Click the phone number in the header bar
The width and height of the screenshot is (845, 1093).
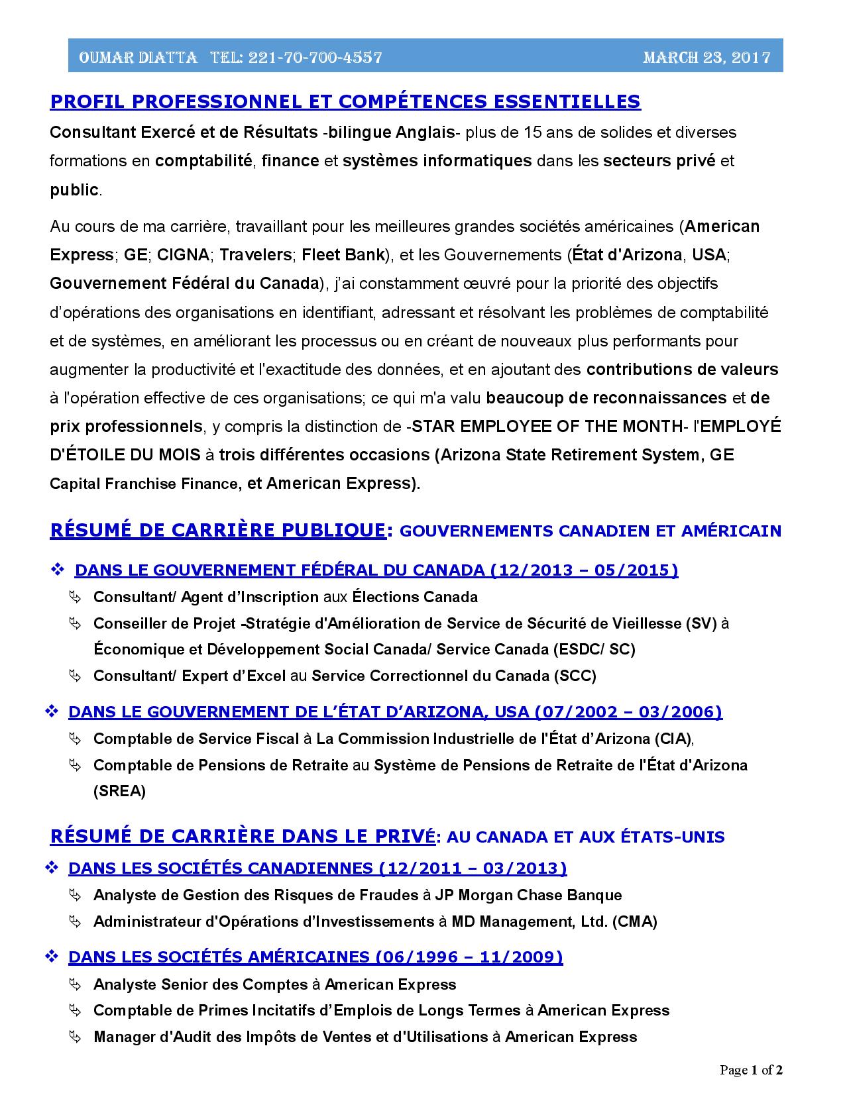click(x=315, y=58)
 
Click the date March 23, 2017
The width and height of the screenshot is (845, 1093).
click(x=706, y=58)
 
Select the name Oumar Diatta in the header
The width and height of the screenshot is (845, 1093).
click(x=138, y=58)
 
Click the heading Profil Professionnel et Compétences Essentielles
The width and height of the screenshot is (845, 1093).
click(x=345, y=101)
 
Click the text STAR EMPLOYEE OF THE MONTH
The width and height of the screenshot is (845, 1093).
click(x=546, y=427)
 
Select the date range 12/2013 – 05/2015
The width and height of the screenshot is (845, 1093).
click(x=584, y=570)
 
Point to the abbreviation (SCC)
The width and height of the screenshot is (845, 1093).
click(x=575, y=676)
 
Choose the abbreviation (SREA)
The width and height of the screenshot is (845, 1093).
click(x=119, y=791)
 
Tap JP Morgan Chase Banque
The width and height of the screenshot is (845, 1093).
click(x=528, y=896)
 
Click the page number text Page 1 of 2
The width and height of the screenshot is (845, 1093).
click(x=752, y=1070)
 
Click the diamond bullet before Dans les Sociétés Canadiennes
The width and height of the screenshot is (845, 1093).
click(x=52, y=868)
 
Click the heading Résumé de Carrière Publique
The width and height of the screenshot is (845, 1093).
click(x=217, y=530)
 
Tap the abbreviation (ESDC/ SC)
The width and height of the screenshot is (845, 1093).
click(x=594, y=649)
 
